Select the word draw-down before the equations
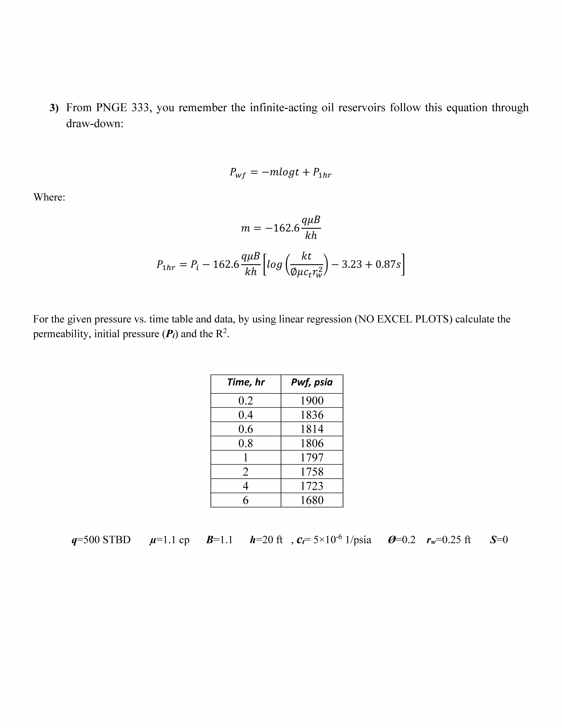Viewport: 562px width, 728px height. pyautogui.click(x=95, y=124)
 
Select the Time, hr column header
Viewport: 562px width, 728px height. pyautogui.click(x=246, y=382)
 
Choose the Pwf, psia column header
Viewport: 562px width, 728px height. pyautogui.click(x=312, y=382)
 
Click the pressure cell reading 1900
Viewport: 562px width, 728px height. pyautogui.click(x=312, y=400)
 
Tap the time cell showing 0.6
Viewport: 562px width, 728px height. pyautogui.click(x=246, y=429)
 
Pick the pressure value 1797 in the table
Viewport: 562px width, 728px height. pyautogui.click(x=312, y=457)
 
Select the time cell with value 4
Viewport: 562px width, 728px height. pyautogui.click(x=246, y=486)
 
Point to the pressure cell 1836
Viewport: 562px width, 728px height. pyautogui.click(x=312, y=415)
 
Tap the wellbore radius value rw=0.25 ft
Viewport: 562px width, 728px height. pyautogui.click(x=449, y=540)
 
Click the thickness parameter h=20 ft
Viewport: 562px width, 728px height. pyautogui.click(x=266, y=540)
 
